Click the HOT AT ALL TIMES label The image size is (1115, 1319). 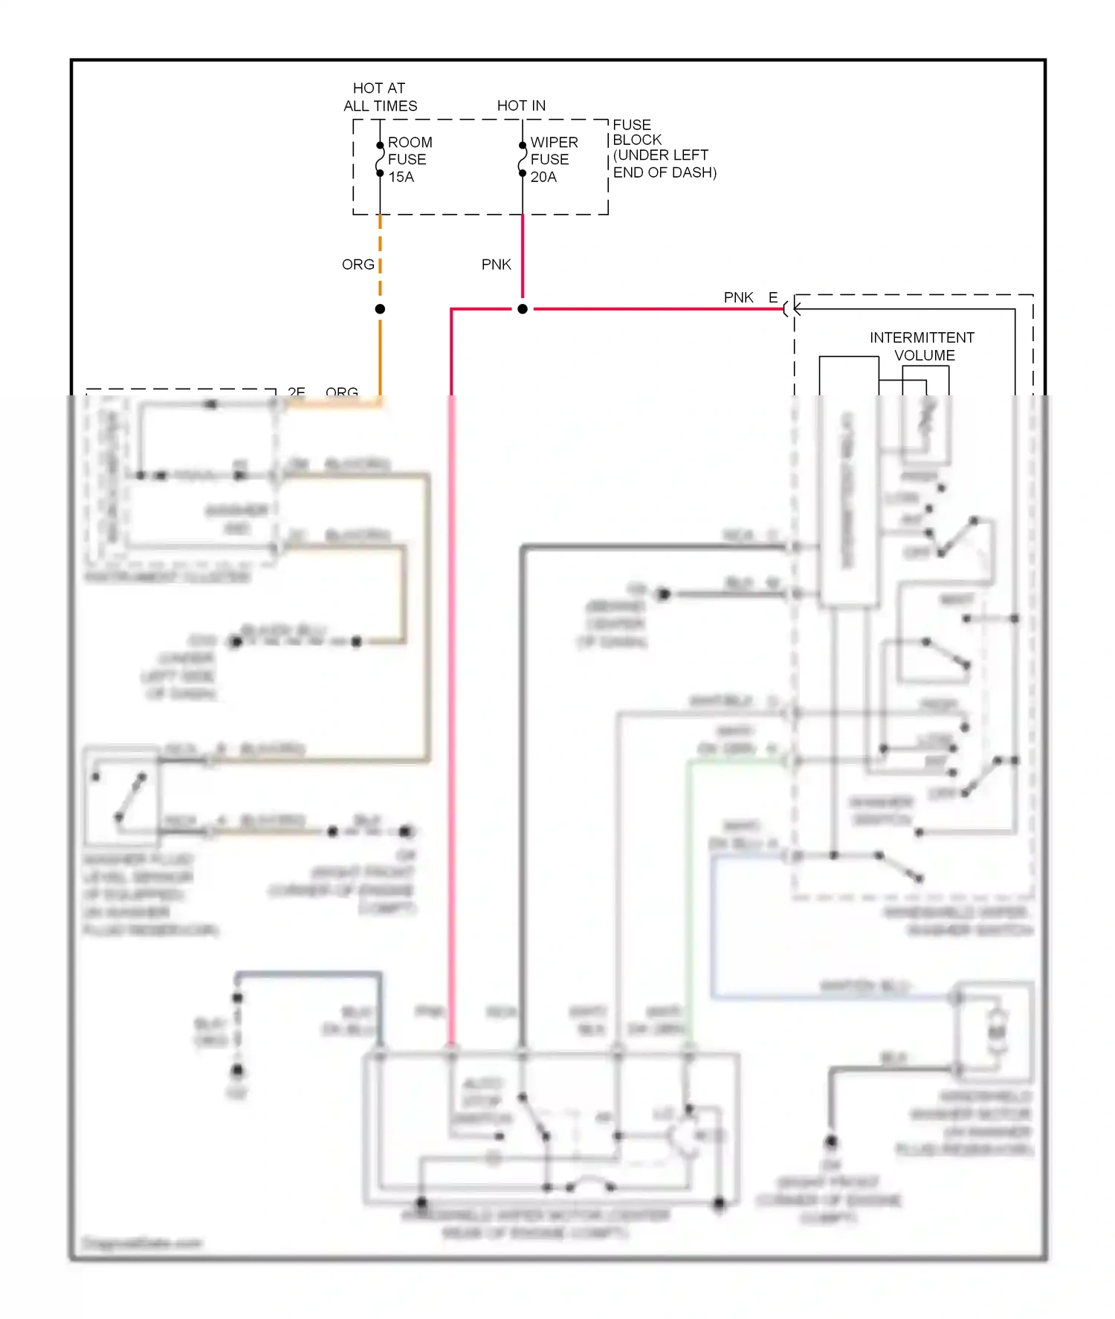tap(380, 97)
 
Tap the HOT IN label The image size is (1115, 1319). tap(521, 106)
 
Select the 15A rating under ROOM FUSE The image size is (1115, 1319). tap(401, 177)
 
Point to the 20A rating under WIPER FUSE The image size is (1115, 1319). tap(543, 177)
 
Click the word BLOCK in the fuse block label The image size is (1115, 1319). tap(637, 140)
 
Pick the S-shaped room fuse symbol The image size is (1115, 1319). tap(380, 159)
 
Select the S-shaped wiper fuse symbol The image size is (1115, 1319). tap(523, 159)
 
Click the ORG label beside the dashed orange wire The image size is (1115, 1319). tap(358, 265)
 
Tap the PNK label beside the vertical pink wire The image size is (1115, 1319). tap(497, 265)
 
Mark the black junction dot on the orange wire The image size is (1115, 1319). tap(380, 309)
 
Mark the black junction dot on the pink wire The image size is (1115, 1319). tap(523, 309)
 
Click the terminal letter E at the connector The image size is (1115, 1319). tap(773, 297)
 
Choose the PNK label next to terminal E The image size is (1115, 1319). tap(739, 297)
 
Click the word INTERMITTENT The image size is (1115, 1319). tap(922, 337)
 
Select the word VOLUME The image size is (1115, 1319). tap(925, 355)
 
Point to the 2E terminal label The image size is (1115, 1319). tap(297, 391)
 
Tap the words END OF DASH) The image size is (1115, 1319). tap(665, 172)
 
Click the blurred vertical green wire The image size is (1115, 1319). tap(689, 892)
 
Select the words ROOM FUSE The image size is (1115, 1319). tap(409, 150)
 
